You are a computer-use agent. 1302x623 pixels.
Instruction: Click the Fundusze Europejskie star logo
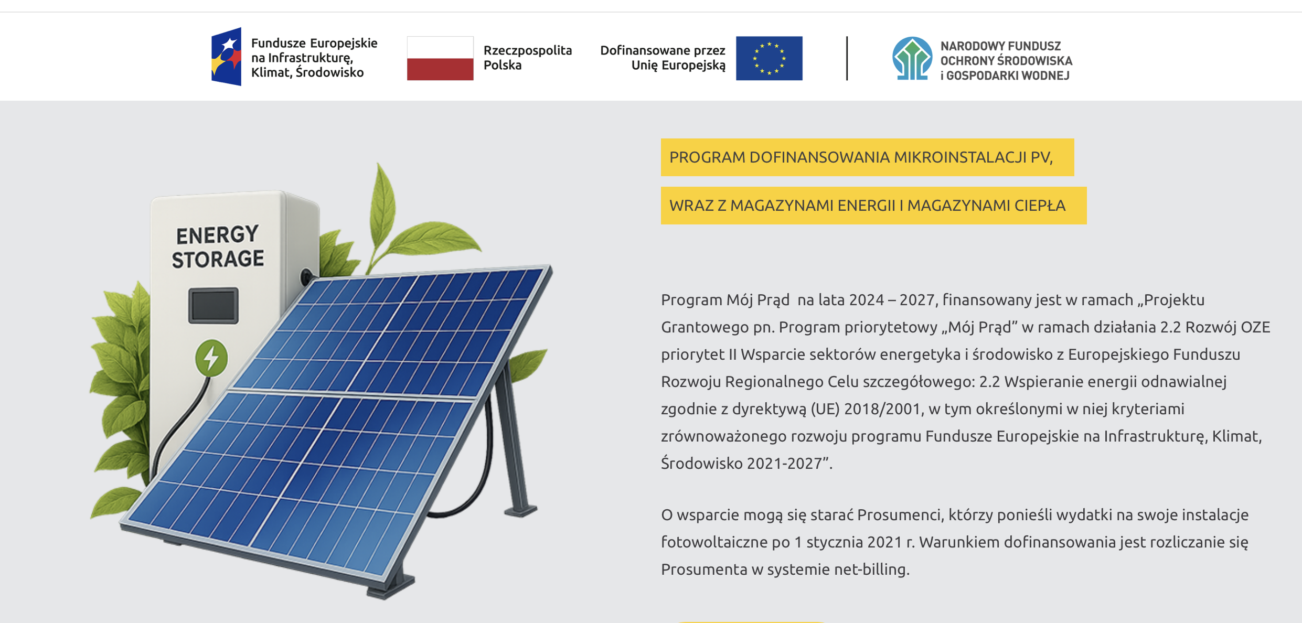[227, 57]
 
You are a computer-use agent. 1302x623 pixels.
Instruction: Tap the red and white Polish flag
[440, 58]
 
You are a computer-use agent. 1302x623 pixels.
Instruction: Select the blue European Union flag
[769, 58]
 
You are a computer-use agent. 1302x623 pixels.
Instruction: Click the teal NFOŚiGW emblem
[912, 58]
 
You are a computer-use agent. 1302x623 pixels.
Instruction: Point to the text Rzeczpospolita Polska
[528, 58]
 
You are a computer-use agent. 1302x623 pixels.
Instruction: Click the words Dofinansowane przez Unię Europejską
[663, 58]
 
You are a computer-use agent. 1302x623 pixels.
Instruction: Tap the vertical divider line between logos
[847, 58]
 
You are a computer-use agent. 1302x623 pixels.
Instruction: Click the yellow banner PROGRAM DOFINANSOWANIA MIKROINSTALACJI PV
[868, 157]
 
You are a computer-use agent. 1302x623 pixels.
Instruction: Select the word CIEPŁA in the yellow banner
[1040, 206]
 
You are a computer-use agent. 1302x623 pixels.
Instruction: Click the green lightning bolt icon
[211, 358]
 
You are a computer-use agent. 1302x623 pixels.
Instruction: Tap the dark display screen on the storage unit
[214, 305]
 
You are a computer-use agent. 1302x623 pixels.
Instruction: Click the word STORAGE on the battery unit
[218, 259]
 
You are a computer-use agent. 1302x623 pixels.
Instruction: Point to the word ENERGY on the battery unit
[217, 235]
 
